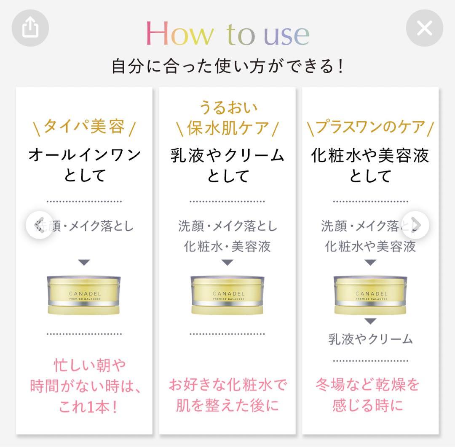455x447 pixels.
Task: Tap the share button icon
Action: coord(30,28)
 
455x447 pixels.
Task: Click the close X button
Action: coord(424,28)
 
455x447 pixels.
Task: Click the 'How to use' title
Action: coord(227,34)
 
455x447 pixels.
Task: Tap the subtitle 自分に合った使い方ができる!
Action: coord(227,67)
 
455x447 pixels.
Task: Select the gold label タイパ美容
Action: coord(84,126)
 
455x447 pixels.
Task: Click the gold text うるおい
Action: coord(227,107)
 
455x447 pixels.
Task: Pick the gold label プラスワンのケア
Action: coord(370,127)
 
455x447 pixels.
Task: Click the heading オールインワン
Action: coord(84,155)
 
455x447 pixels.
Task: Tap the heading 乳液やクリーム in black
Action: coord(227,155)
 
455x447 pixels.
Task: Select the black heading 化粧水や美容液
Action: coord(370,155)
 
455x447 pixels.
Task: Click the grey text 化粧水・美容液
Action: coord(227,246)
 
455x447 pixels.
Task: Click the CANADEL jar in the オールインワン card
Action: coord(84,295)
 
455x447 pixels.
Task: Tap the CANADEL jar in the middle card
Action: coord(227,295)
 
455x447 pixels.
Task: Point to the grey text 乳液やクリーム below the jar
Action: coord(370,339)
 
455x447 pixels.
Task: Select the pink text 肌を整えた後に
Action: coord(227,406)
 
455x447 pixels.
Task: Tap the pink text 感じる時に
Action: coord(367,405)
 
